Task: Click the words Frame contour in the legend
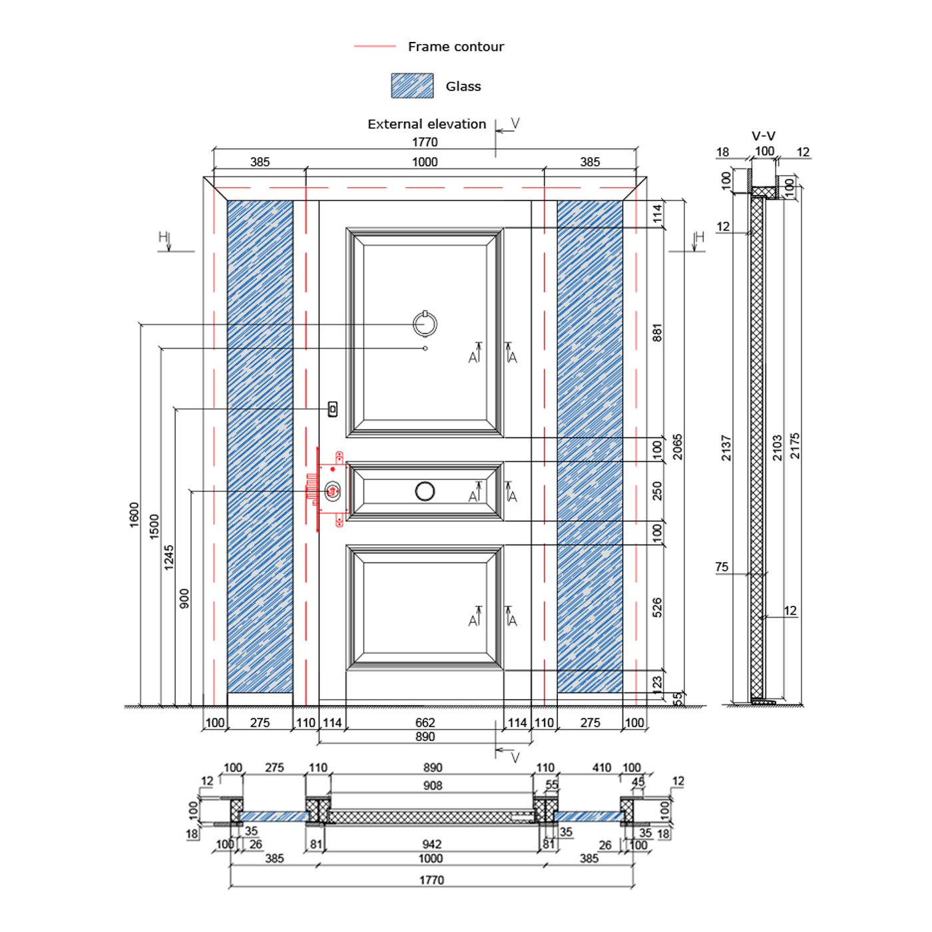pos(455,47)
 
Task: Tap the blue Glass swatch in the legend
pos(412,86)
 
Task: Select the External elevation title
pos(427,124)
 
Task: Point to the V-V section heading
pos(763,136)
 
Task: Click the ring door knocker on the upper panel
pos(425,324)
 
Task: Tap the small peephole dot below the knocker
pos(425,348)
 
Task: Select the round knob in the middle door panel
pos(425,491)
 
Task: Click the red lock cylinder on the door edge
pos(332,491)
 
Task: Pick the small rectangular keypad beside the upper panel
pos(333,409)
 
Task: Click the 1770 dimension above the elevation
pos(425,142)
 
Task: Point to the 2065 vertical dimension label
pos(678,447)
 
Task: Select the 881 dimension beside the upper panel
pos(657,333)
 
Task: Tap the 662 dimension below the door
pos(425,722)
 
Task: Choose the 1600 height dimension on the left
pos(134,515)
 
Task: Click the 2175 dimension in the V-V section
pos(795,446)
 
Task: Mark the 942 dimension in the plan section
pos(431,844)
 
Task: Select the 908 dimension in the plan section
pos(433,786)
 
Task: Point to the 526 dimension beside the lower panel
pos(657,608)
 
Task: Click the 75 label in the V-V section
pos(722,567)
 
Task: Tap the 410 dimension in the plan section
pos(602,768)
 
